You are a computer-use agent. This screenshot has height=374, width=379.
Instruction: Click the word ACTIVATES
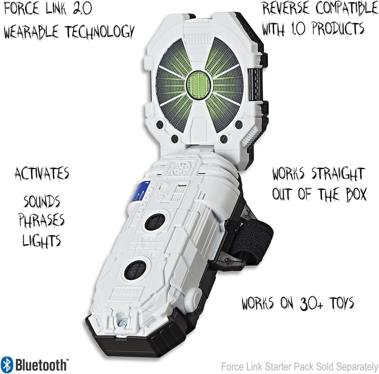(42, 174)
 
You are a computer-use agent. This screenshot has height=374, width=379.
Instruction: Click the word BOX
(353, 195)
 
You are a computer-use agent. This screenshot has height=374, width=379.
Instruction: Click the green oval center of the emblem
(197, 81)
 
